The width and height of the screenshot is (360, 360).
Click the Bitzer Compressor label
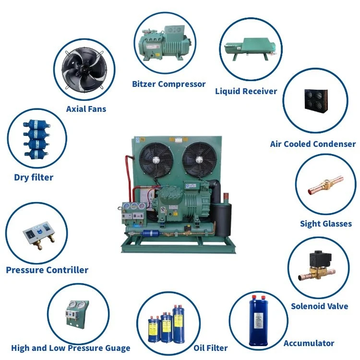click(168, 84)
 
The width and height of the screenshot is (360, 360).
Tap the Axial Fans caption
click(86, 108)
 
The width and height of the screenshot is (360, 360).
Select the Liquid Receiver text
click(246, 91)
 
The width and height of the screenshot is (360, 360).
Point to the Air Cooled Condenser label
click(313, 144)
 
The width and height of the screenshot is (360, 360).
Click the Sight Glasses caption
click(326, 223)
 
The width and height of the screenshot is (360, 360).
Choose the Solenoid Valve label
click(320, 306)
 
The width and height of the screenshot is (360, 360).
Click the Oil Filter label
click(210, 348)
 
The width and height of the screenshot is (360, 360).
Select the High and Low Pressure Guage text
click(71, 348)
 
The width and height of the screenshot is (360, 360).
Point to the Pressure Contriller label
click(47, 270)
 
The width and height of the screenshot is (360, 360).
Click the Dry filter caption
click(34, 177)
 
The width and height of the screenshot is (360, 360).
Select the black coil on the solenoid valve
click(318, 259)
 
